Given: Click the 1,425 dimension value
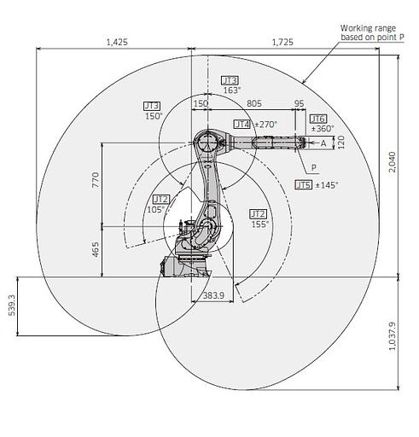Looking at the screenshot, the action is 117,42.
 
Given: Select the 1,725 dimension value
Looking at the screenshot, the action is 282,42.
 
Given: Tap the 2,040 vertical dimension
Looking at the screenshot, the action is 393,162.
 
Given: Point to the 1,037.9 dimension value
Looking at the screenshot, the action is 393,335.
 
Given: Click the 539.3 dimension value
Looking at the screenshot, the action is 12,305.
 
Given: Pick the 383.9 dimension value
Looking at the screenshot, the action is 213,295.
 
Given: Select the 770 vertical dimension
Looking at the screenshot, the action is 96,179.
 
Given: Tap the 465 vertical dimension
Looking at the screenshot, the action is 96,249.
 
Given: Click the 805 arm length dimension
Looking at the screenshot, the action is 254,103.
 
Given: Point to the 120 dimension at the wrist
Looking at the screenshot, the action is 340,143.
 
